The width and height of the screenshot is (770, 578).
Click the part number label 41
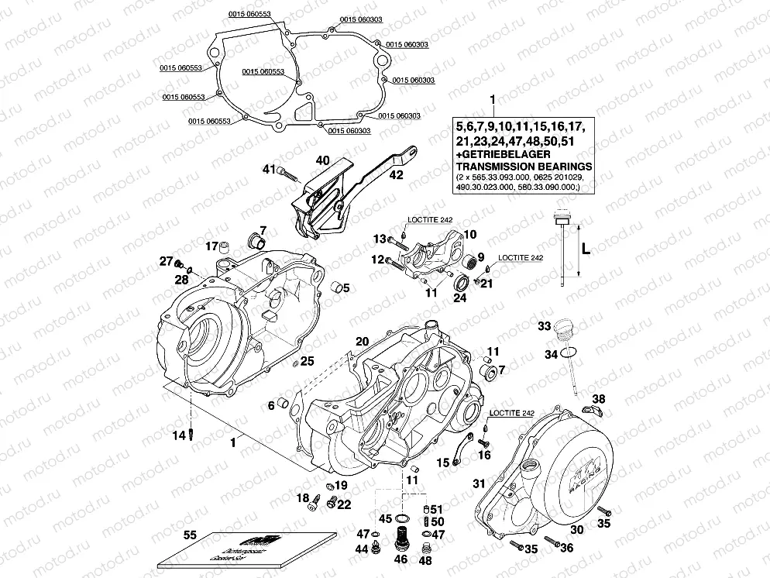point(268,169)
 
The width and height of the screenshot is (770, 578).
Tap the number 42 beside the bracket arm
point(396,175)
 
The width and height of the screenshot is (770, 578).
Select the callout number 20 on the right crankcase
point(362,341)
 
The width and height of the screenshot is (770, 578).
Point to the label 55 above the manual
point(190,535)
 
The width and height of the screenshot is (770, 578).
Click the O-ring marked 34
point(569,354)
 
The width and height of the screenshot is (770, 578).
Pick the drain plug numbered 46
point(401,535)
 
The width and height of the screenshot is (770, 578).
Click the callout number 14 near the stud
point(179,435)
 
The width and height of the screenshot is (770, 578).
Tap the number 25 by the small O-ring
point(308,361)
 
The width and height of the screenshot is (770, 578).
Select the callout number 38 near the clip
point(599,399)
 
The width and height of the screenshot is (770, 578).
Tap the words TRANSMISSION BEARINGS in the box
point(524,166)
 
